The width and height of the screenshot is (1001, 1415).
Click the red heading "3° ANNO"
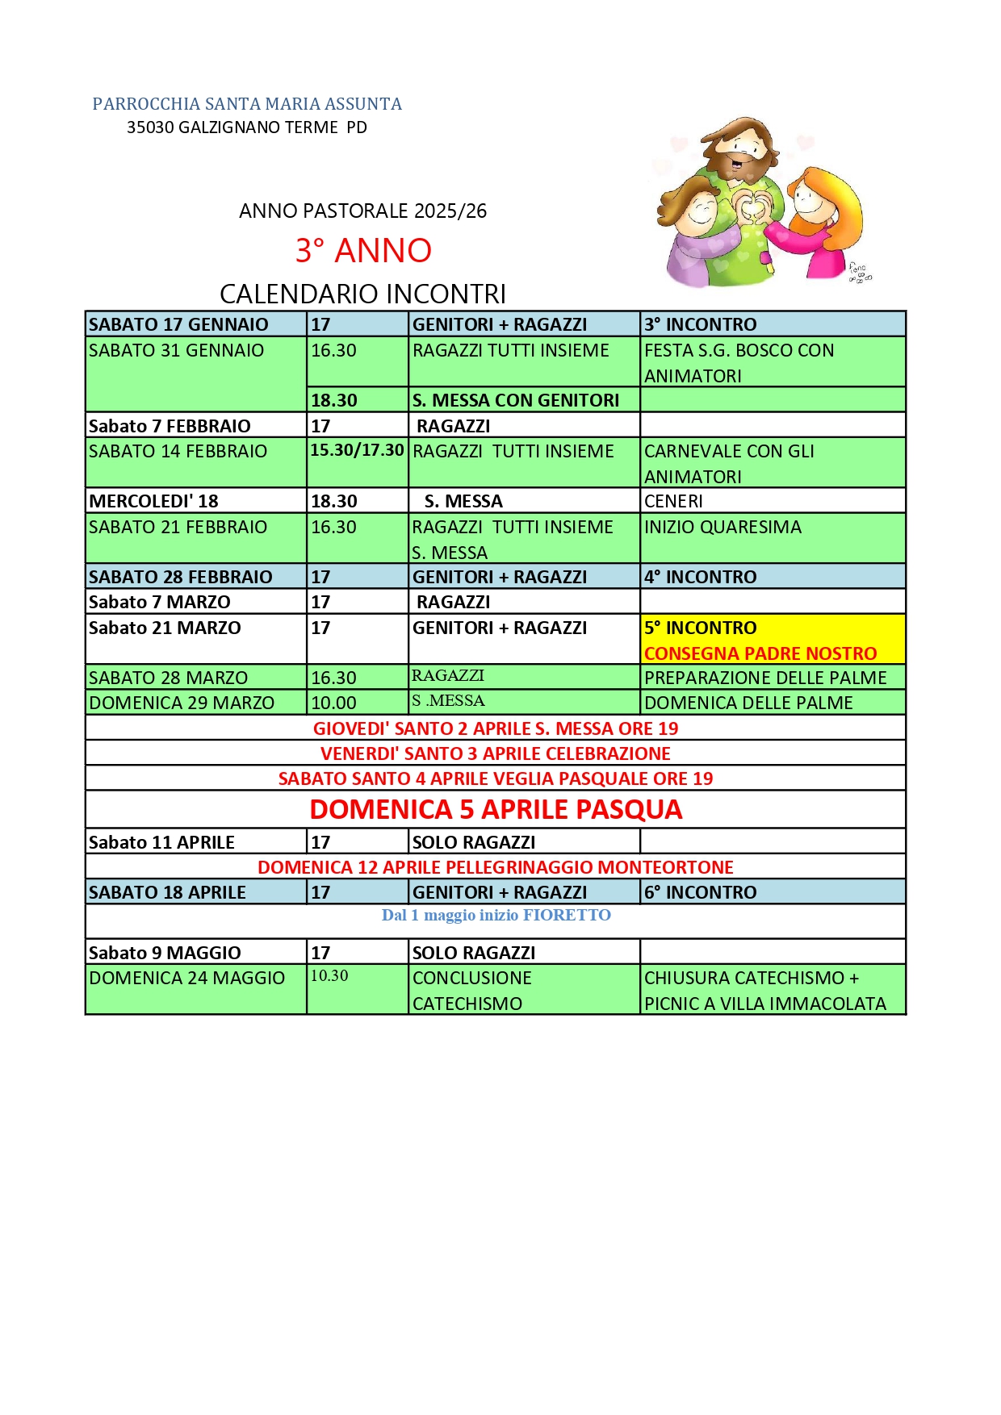[x=363, y=251]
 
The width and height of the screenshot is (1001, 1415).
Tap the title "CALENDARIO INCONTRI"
[x=363, y=294]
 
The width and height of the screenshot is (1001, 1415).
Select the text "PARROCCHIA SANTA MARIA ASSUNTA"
[x=247, y=104]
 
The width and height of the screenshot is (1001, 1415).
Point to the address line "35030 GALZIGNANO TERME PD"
[x=247, y=127]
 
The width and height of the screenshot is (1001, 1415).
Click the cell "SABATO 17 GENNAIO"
[x=179, y=324]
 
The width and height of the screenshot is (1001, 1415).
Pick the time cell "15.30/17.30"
[x=357, y=450]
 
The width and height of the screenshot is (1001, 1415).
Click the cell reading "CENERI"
[x=674, y=501]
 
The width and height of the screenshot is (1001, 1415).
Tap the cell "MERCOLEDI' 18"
[x=154, y=501]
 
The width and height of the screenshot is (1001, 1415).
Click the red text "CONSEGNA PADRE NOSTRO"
[x=760, y=653]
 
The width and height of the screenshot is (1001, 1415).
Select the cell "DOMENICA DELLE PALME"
[x=748, y=703]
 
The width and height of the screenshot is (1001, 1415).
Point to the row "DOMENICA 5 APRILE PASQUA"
[x=496, y=809]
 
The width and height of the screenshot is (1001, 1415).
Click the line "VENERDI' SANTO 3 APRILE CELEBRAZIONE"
[x=496, y=753]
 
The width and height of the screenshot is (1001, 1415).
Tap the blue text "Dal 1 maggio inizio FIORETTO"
[x=496, y=916]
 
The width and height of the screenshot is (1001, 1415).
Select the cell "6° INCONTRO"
[x=701, y=892]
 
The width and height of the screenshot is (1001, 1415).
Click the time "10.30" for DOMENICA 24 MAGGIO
[x=329, y=976]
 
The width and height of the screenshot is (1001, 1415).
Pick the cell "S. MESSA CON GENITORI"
[x=516, y=400]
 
